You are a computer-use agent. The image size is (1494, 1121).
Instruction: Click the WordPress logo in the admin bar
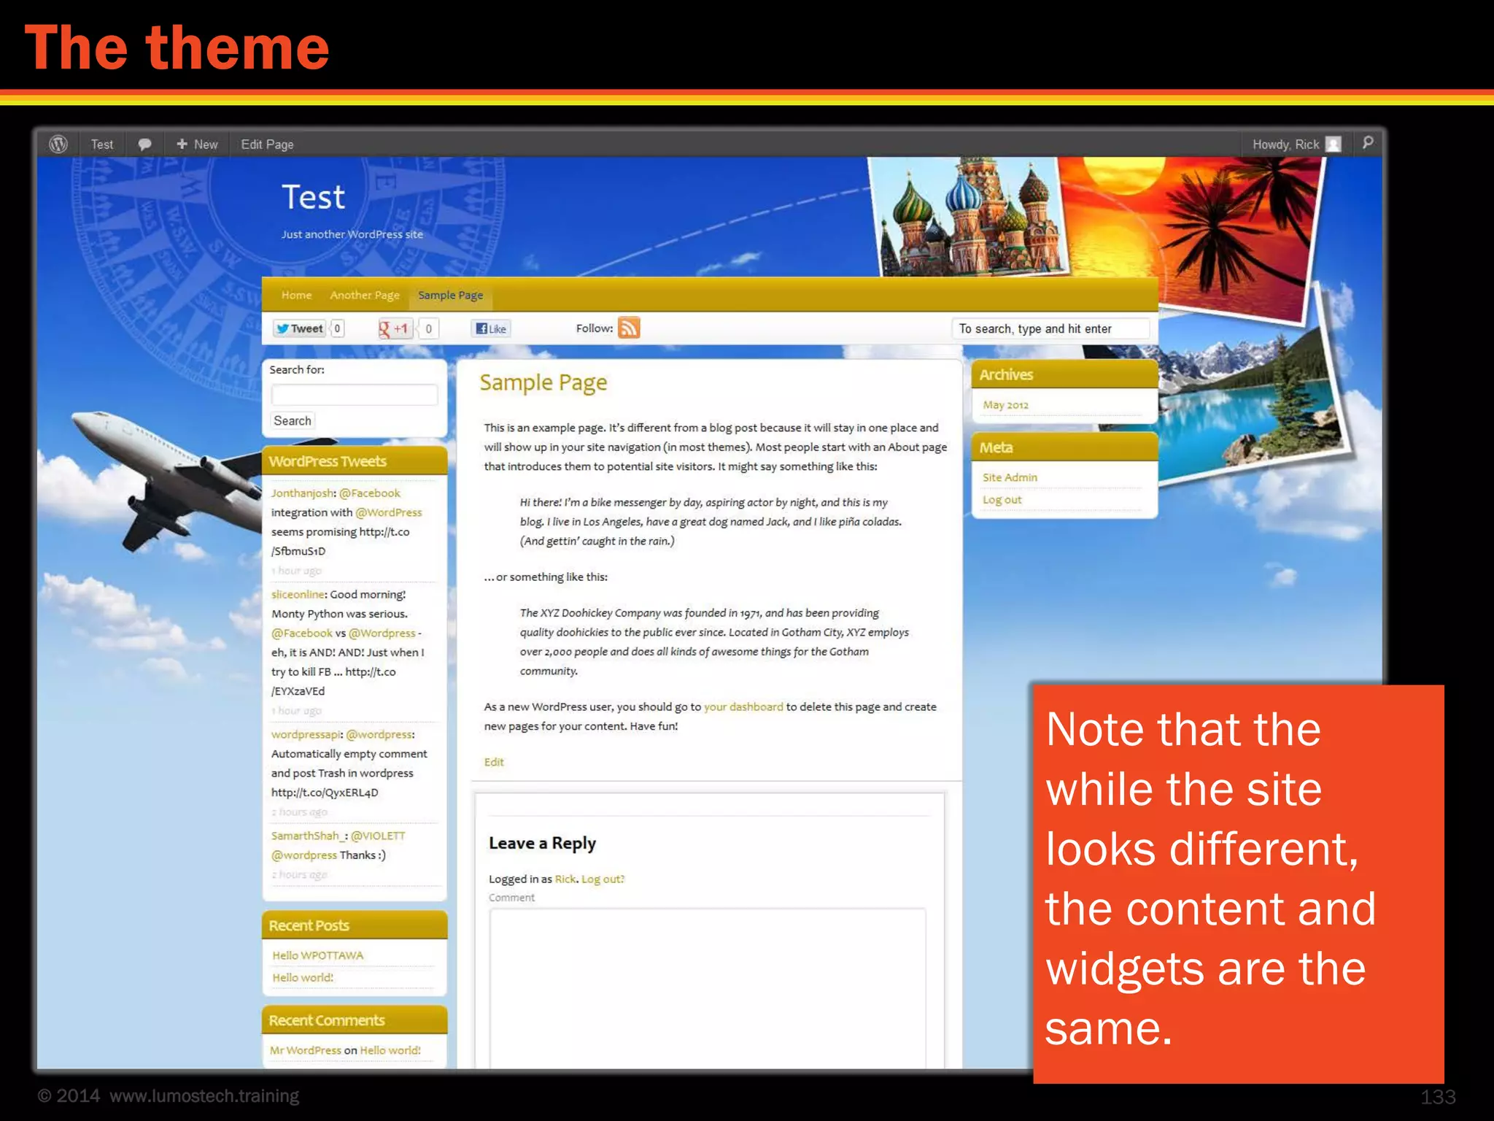(58, 144)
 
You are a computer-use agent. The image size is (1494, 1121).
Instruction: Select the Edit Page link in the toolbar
(267, 145)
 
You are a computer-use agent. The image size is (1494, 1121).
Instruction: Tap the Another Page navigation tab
(364, 296)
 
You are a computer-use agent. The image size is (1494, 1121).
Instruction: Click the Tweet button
(300, 328)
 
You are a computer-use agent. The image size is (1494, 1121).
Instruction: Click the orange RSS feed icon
(628, 328)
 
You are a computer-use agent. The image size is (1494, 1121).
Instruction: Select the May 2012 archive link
(1005, 405)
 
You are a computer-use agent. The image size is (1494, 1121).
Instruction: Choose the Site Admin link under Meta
(1010, 477)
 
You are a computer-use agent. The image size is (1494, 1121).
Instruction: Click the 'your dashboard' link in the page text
(743, 706)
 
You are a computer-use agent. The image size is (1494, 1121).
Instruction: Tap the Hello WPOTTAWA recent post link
(317, 955)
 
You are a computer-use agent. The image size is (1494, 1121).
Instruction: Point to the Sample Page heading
(543, 382)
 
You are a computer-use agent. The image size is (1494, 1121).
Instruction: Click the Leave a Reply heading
(542, 843)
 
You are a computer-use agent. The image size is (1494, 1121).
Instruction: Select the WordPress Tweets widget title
(328, 461)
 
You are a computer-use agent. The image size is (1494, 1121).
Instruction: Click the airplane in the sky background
(153, 467)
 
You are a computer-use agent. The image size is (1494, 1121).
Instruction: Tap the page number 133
(1437, 1096)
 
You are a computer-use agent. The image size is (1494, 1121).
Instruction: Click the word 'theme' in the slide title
(238, 48)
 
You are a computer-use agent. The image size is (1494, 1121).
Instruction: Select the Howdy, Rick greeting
(1285, 145)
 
